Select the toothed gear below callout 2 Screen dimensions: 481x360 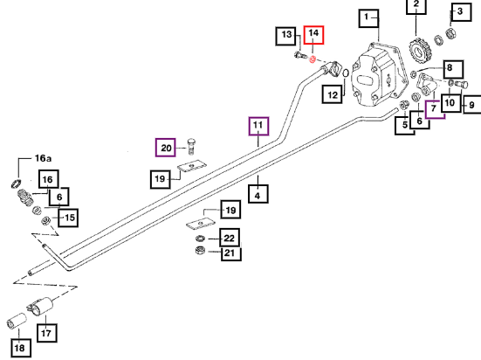point(420,51)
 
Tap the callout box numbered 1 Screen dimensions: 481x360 point(368,18)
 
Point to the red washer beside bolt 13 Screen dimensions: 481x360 point(313,59)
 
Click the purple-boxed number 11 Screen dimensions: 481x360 point(258,126)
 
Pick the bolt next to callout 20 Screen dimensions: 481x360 point(191,147)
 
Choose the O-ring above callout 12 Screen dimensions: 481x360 point(346,73)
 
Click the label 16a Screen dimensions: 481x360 point(44,158)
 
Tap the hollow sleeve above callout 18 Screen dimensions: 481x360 point(17,321)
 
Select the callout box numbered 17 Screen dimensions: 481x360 point(46,333)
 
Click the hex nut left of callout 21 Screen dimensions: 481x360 point(200,251)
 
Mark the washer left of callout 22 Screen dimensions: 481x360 point(200,238)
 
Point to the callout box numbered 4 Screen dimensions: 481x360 point(258,194)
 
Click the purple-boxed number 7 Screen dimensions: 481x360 point(435,108)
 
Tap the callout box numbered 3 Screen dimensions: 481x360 point(461,11)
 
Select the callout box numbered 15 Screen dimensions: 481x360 point(68,218)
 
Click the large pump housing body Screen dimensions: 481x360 point(379,76)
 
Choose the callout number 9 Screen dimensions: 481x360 point(471,105)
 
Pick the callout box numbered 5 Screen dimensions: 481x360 point(405,125)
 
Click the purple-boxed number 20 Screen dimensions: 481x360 point(166,148)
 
